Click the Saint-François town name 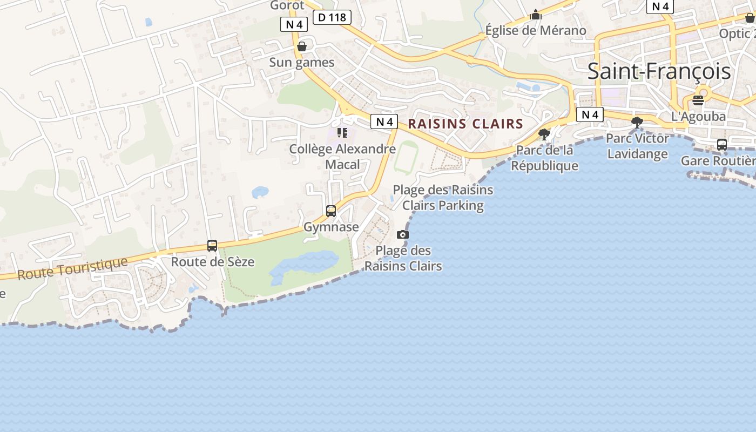point(659,71)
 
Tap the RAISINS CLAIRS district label point(465,124)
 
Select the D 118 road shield point(332,18)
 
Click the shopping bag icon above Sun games point(302,46)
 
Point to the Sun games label point(302,63)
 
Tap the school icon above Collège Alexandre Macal point(342,132)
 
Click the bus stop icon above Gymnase point(331,211)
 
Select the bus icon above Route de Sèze point(212,246)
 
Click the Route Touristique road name point(73,268)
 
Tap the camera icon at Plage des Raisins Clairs point(403,234)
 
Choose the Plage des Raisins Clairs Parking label point(443,198)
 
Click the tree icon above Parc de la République point(544,134)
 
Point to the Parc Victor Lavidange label point(637,146)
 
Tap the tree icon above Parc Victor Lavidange point(637,123)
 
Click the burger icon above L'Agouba point(698,100)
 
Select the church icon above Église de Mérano point(536,15)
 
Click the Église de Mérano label point(536,31)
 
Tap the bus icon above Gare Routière point(722,145)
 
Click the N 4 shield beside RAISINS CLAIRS point(384,122)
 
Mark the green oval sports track point(406,157)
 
